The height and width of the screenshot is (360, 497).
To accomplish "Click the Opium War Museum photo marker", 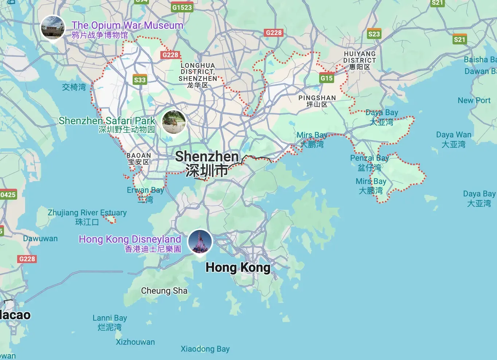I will coord(53,28).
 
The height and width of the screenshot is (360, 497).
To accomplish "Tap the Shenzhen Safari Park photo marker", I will coord(174,122).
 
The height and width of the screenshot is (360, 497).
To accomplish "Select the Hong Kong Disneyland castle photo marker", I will coord(200,242).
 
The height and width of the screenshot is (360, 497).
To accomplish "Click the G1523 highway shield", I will coord(182,7).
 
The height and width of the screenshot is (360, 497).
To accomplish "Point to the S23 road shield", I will coord(374,34).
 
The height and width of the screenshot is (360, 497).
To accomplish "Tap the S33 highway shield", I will coord(140,80).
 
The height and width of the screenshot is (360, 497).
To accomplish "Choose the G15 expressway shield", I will coord(326,78).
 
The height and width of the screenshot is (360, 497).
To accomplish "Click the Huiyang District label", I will coord(359,60).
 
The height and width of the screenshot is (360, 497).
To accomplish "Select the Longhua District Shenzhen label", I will coord(197,75).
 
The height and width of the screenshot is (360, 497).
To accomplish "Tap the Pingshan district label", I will coord(317,101).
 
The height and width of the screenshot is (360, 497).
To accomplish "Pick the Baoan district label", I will coord(138,159).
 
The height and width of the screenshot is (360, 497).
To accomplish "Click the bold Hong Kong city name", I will coord(238,267).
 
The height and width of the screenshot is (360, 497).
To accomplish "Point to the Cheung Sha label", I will coord(164,291).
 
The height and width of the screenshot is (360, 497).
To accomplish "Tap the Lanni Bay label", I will coord(110,322).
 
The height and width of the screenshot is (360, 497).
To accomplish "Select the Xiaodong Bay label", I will coord(205,349).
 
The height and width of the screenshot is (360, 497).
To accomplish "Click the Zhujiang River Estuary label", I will coord(87,217).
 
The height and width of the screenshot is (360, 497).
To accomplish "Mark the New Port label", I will coord(474,101).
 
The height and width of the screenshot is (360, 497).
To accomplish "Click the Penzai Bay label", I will coord(369,163).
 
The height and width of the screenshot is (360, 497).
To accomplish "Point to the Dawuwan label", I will coord(40,239).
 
